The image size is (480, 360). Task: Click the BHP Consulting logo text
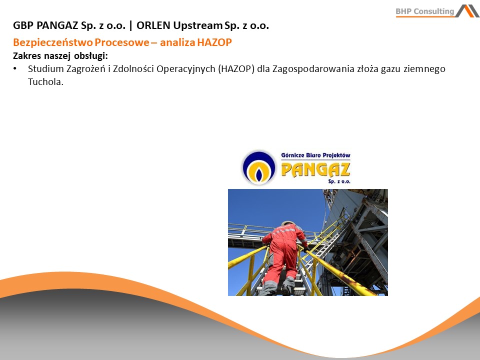(424, 11)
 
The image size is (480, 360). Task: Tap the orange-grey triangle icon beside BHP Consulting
(467, 11)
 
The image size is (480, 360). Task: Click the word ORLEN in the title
(153, 25)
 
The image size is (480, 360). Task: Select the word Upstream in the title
(197, 25)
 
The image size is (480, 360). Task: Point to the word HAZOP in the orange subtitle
(214, 42)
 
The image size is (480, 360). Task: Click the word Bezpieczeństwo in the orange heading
(52, 42)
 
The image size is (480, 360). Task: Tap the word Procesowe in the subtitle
(121, 42)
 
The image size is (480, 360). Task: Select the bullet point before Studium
(14, 69)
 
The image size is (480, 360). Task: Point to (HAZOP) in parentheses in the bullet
(236, 69)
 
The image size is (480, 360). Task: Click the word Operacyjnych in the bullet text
(186, 69)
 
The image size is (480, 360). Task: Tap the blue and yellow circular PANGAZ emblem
(259, 168)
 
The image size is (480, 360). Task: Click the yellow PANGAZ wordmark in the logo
(315, 169)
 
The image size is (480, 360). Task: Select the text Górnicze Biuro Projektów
(315, 155)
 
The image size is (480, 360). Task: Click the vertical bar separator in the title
(131, 26)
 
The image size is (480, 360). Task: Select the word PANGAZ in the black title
(57, 25)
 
